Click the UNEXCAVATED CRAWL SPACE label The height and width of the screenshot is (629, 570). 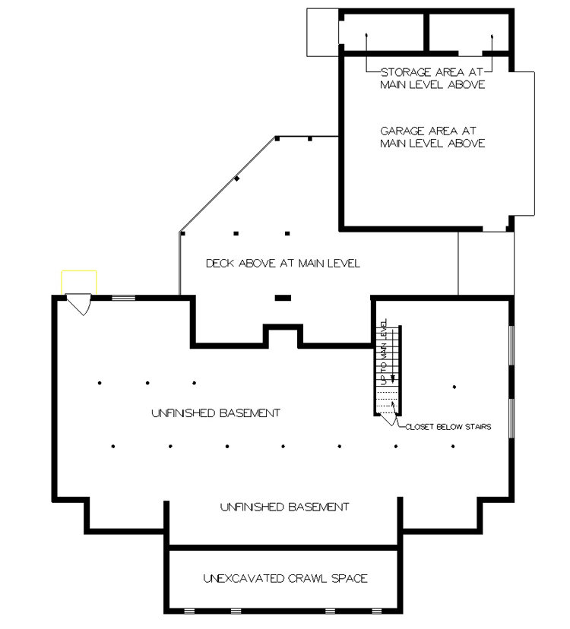pyautogui.click(x=285, y=578)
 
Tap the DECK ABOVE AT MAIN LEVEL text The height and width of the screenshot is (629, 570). pyautogui.click(x=283, y=264)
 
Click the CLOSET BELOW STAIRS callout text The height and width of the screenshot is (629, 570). pyautogui.click(x=448, y=427)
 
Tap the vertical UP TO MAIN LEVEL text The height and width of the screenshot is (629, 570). pyautogui.click(x=385, y=347)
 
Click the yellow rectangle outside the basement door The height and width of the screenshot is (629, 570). pyautogui.click(x=78, y=282)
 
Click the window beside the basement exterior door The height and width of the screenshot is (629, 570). pyautogui.click(x=123, y=298)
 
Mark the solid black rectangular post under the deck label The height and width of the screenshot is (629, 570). pyautogui.click(x=283, y=297)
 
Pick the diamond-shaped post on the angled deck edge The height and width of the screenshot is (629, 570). pyautogui.click(x=237, y=179)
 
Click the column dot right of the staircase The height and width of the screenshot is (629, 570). pyautogui.click(x=454, y=387)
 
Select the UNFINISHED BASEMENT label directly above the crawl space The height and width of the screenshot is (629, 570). pyautogui.click(x=284, y=506)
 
